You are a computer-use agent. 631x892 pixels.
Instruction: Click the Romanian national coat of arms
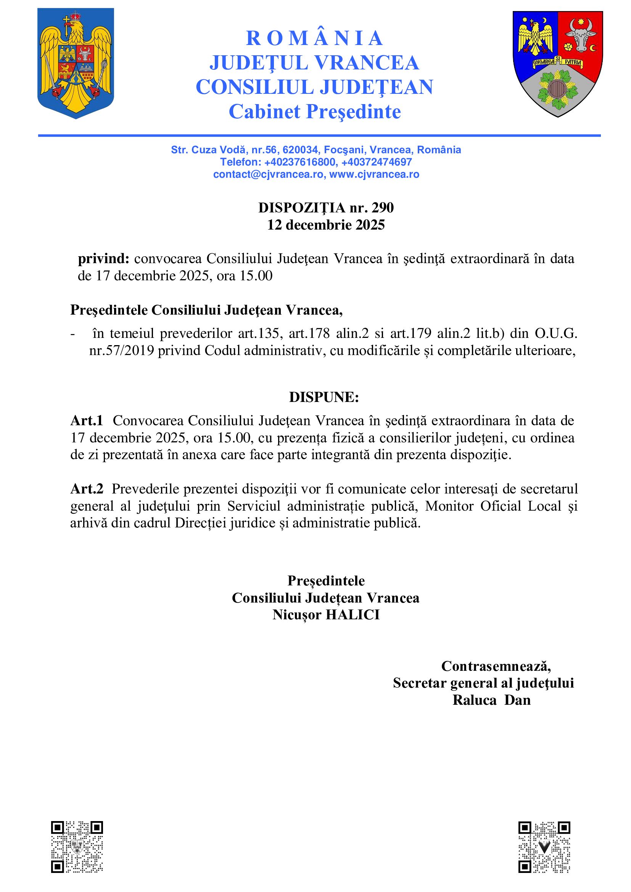point(76,63)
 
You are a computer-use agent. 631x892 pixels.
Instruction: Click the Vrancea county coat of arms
point(558,64)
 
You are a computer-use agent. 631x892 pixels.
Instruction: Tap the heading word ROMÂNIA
point(315,38)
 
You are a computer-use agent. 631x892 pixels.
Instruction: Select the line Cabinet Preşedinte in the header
point(315,112)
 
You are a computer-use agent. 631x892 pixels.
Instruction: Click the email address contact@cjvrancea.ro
point(268,174)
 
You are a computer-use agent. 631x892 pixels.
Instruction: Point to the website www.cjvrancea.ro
point(374,174)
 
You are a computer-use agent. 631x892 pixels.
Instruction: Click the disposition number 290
point(383,208)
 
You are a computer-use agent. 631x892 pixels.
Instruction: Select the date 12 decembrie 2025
point(326,225)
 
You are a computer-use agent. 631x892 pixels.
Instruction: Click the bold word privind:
point(103,259)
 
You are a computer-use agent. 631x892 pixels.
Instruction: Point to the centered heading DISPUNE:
point(324,397)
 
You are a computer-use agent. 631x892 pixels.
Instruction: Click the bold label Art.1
point(87,421)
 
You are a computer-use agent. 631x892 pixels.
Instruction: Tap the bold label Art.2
point(87,489)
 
